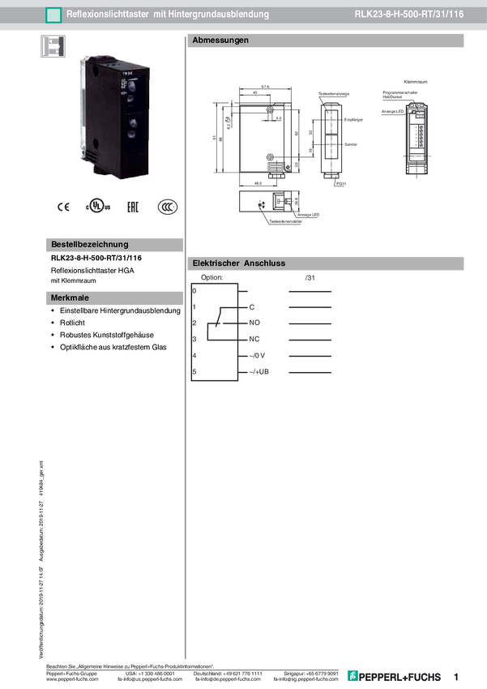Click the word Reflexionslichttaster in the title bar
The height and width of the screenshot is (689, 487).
[x=108, y=15]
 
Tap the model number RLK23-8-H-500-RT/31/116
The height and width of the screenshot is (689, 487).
[x=408, y=15]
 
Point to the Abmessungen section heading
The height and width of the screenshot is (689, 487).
[x=220, y=41]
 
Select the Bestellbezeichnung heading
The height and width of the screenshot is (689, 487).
[x=89, y=244]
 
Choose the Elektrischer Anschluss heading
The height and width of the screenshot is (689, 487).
[x=239, y=263]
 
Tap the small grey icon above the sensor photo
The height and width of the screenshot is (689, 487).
[x=52, y=45]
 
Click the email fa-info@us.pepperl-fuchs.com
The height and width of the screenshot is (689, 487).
[x=152, y=679]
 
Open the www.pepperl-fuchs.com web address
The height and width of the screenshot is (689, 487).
[x=73, y=679]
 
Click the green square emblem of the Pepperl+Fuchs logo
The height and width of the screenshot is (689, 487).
[x=353, y=676]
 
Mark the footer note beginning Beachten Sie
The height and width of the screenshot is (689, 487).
[x=130, y=665]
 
